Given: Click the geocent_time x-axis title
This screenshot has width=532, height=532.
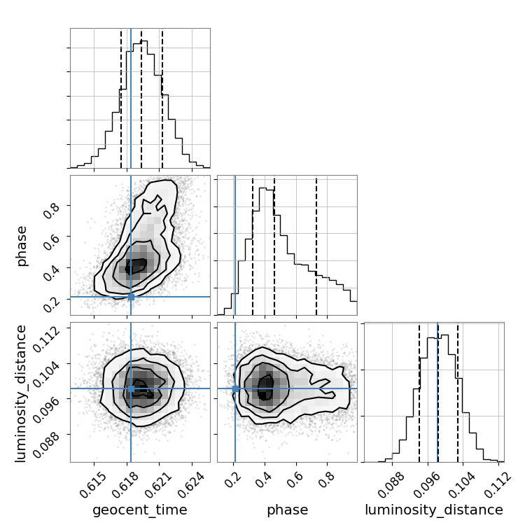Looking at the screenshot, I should (140, 510).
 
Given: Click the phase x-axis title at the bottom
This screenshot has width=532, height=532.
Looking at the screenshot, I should (287, 510).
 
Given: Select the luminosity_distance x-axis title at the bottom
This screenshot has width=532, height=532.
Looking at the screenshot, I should (434, 510).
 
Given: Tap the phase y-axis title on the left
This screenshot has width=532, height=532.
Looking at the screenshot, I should (22, 245).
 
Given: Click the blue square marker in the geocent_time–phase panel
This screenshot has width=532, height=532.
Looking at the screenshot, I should (131, 297).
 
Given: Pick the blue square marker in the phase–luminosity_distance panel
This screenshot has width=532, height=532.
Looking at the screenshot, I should (235, 388).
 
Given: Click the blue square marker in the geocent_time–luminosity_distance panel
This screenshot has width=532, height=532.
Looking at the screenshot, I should (131, 388).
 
